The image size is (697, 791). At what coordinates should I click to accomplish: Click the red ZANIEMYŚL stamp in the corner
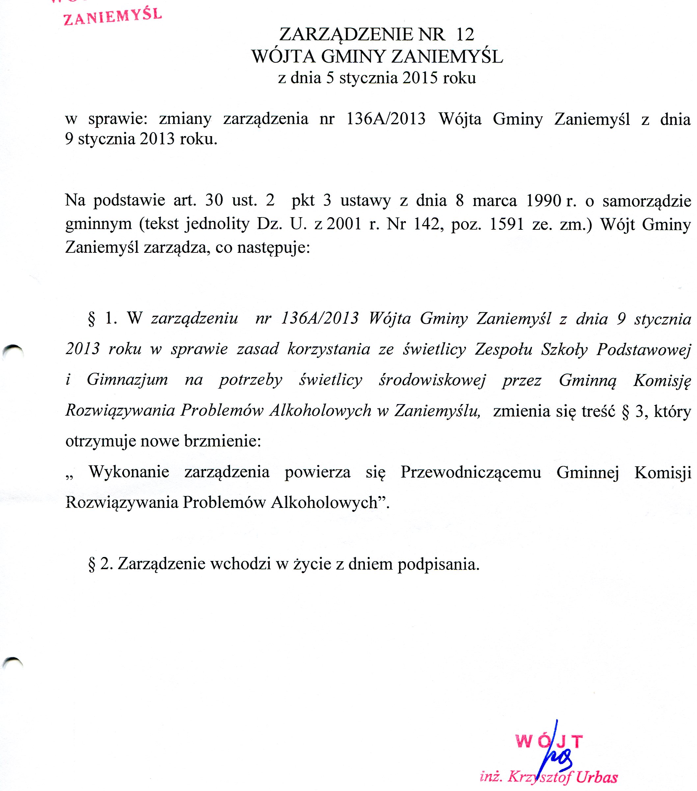112,16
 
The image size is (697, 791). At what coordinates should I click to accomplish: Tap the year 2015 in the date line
420,78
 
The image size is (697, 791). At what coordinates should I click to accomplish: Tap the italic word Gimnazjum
127,380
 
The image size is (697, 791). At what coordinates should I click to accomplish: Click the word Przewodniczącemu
470,472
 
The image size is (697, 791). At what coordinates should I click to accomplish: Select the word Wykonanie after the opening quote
129,472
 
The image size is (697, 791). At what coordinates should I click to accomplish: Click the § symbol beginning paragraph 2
92,565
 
